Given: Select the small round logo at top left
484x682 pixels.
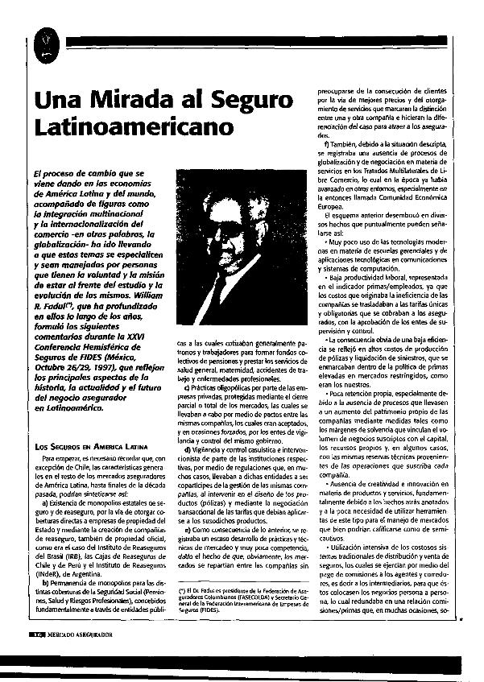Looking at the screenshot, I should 46,39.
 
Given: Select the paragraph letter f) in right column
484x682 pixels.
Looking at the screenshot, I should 325,143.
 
